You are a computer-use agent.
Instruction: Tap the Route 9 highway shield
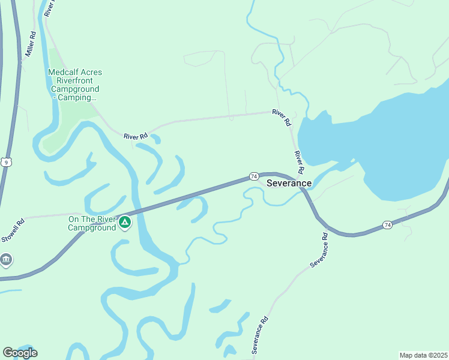click(x=6, y=162)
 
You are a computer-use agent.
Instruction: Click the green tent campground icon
click(x=125, y=223)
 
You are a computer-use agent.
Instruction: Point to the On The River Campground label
click(x=92, y=223)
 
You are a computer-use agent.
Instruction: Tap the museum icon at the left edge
click(x=6, y=260)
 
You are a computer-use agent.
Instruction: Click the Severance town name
click(x=289, y=183)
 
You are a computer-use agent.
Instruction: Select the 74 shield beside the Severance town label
click(x=254, y=176)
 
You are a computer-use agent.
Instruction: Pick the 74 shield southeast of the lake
click(x=387, y=225)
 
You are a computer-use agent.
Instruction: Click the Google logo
click(x=20, y=353)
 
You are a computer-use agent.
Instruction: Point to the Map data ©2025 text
click(x=423, y=355)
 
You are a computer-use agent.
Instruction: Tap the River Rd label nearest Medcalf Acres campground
click(x=136, y=137)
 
